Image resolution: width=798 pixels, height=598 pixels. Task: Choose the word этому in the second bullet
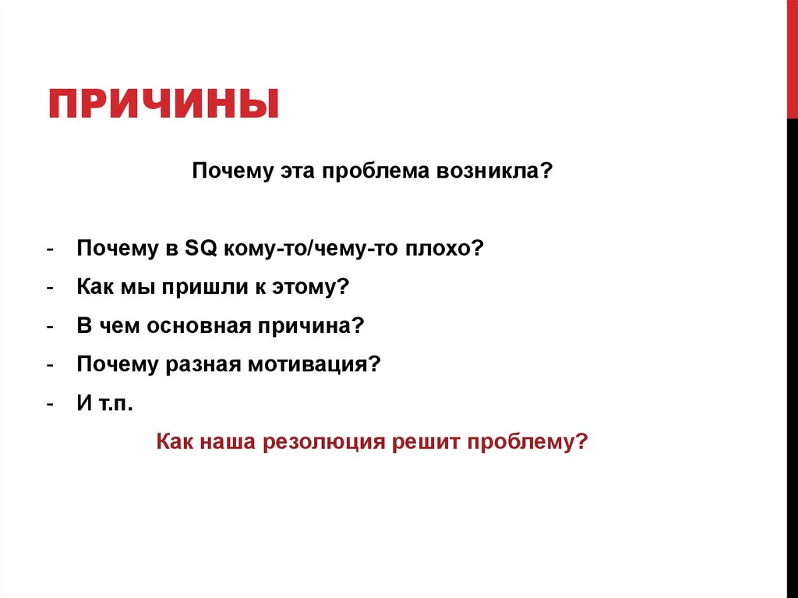(x=305, y=287)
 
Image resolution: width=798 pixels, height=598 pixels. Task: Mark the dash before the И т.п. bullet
(x=49, y=405)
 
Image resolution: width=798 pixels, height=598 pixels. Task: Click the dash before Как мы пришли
(x=49, y=288)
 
